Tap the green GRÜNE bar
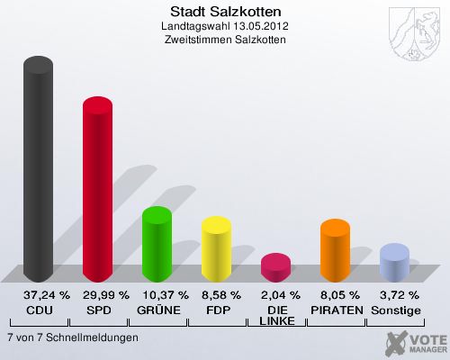click(157, 244)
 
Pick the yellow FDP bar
click(216, 249)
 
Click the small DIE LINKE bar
click(275, 266)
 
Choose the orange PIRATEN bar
click(335, 250)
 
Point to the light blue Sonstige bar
click(394, 263)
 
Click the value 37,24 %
click(39, 294)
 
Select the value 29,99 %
click(98, 294)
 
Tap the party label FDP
click(217, 310)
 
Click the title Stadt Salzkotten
click(224, 12)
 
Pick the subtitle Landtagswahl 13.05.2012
click(224, 27)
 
